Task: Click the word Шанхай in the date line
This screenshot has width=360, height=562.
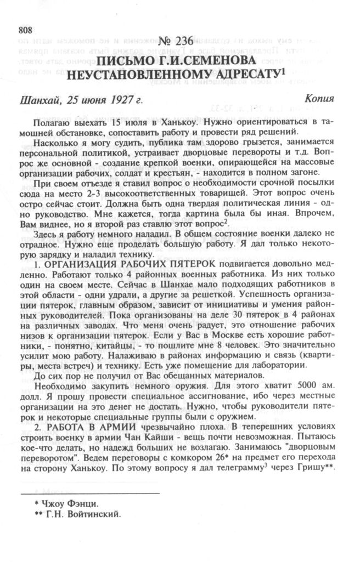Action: pyautogui.click(x=38, y=101)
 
